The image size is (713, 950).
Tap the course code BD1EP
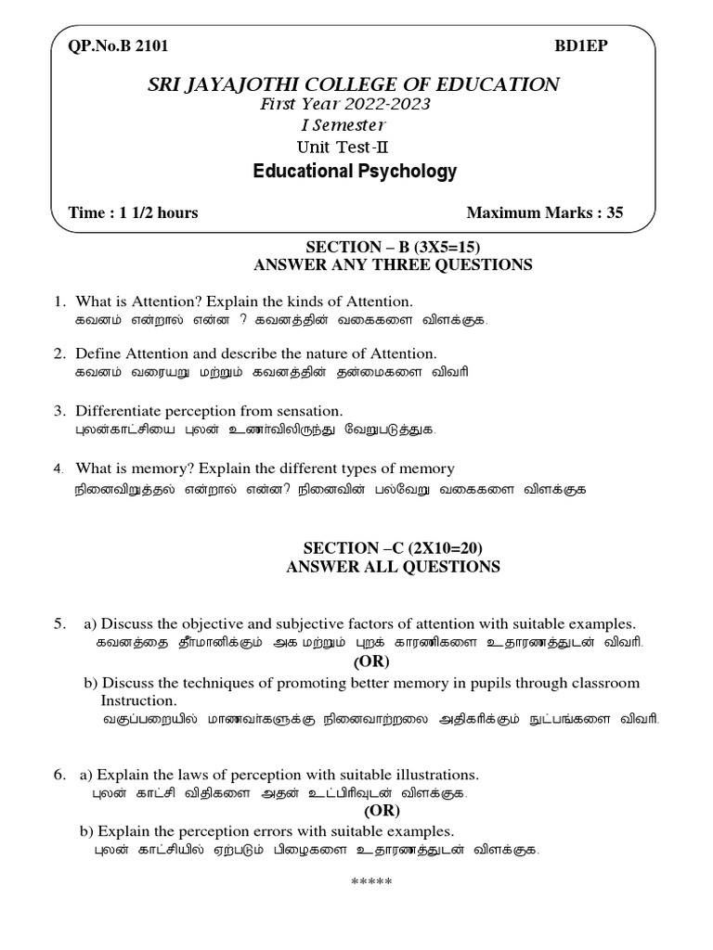coord(582,46)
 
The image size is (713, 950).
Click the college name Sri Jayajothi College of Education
coord(356,85)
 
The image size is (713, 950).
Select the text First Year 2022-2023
coord(345,105)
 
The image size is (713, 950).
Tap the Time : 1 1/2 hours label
coord(134,212)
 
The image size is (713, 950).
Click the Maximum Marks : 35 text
coord(544,212)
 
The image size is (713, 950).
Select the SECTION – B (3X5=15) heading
coord(394,246)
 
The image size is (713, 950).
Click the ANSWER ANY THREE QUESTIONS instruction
coord(394,265)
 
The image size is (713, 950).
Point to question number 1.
coord(58,302)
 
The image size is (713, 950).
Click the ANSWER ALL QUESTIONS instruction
coord(394,567)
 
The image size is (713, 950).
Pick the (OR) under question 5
coord(371,661)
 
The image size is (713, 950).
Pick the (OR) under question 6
coord(381,811)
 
